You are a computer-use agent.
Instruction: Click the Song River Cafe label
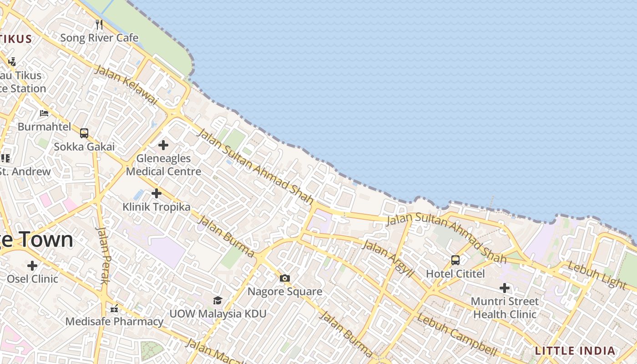[99, 38]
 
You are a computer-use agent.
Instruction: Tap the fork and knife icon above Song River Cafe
[99, 24]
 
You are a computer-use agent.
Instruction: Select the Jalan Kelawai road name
[126, 85]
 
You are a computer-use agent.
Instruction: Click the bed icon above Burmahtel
[44, 113]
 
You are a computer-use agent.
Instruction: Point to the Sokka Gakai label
[84, 147]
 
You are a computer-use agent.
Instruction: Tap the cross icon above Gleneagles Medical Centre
[163, 145]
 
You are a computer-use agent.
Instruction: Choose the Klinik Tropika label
[157, 207]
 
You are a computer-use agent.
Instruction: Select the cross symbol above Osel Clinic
[32, 265]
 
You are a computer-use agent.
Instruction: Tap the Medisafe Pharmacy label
[114, 321]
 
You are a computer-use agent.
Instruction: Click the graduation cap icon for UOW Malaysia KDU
[217, 300]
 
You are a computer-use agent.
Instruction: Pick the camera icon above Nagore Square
[285, 278]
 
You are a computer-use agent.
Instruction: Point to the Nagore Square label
[285, 291]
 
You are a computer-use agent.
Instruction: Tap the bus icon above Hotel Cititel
[455, 260]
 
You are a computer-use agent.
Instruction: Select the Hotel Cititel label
[455, 273]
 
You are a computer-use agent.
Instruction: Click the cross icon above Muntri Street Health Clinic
[505, 288]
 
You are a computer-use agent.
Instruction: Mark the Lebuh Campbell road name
[457, 334]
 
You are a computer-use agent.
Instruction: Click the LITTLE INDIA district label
[575, 351]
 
